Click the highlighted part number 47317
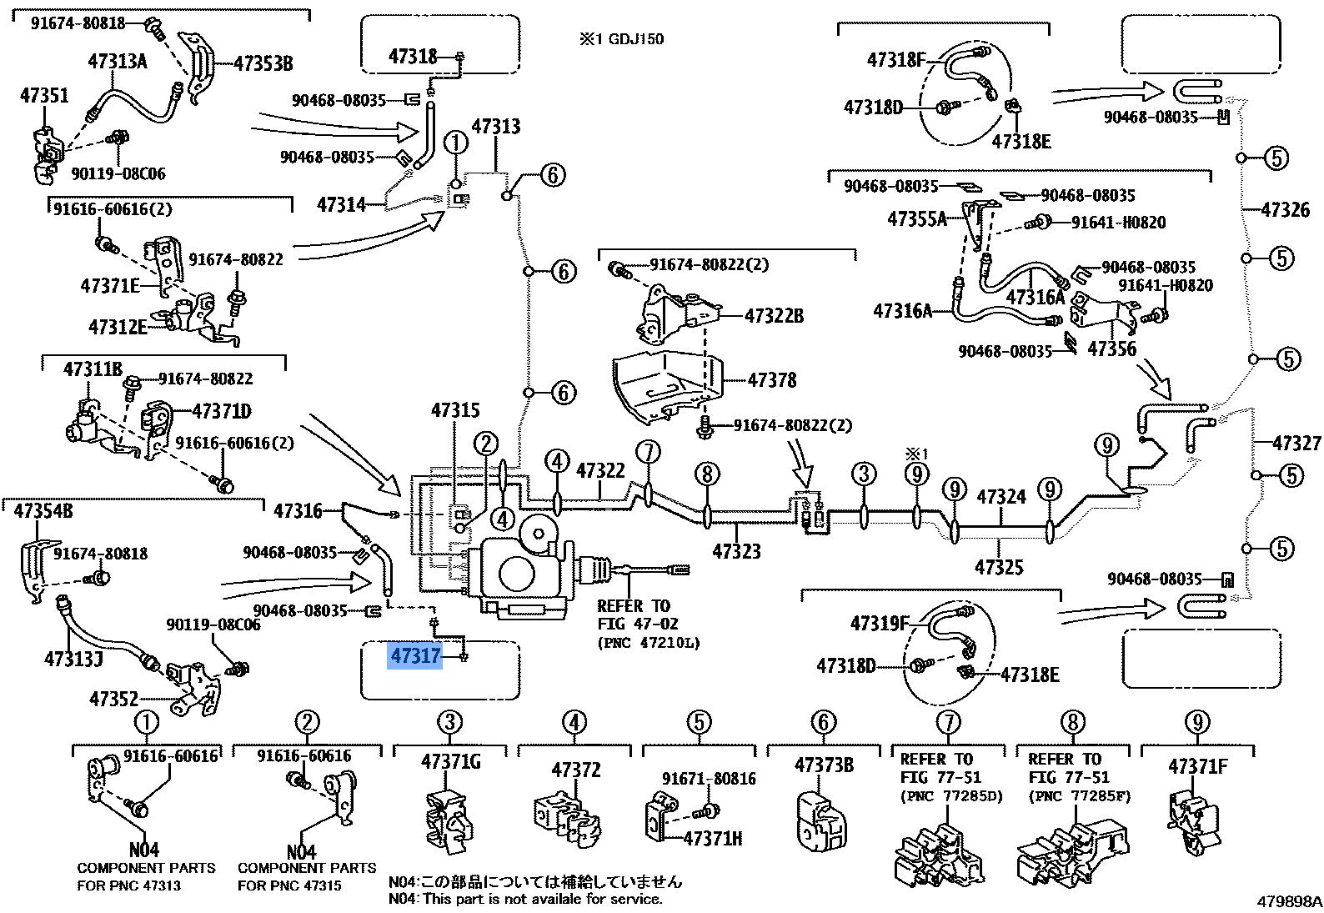click(415, 656)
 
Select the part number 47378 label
click(771, 380)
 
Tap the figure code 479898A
click(1289, 901)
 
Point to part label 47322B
click(773, 316)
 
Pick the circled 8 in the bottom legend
click(1072, 722)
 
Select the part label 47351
click(44, 96)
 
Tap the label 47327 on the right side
click(1296, 443)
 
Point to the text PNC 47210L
click(649, 642)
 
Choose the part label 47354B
click(43, 511)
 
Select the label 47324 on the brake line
click(1001, 498)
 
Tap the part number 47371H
click(712, 838)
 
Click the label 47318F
click(896, 60)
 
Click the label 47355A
click(917, 219)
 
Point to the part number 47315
click(455, 410)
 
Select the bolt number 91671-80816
click(709, 779)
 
